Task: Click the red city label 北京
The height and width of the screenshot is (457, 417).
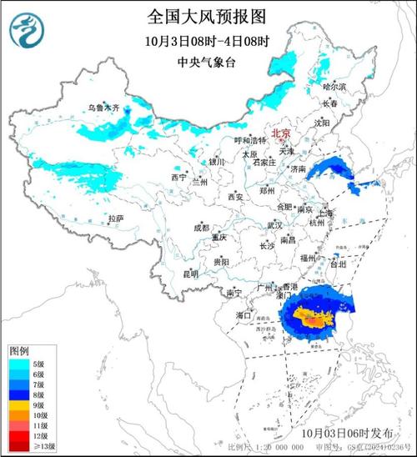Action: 282,133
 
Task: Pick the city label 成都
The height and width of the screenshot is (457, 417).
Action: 202,227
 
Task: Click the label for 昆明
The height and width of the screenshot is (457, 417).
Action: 190,274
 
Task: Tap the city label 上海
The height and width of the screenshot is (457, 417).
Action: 324,213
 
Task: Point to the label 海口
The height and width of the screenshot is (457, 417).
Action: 244,316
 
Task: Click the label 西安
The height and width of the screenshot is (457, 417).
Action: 235,197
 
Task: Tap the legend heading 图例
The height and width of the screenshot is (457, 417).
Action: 20,351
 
